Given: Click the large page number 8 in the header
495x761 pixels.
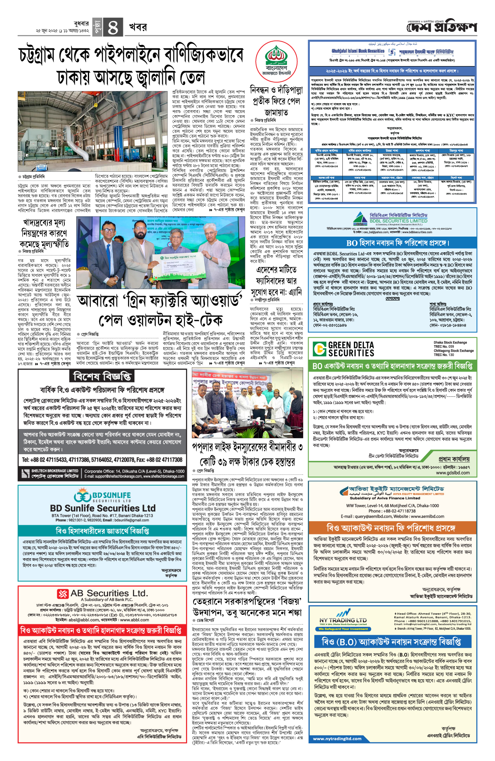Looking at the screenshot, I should (x=113, y=28).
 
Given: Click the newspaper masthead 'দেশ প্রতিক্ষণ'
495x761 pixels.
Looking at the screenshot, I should (x=441, y=28).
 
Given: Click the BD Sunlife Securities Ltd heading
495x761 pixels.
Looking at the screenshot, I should (x=103, y=508).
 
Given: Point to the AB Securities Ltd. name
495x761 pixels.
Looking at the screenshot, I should (x=109, y=593).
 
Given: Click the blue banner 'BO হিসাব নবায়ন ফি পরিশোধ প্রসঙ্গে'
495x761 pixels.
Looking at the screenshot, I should (x=392, y=243).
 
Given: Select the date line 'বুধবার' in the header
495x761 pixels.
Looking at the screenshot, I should (x=81, y=24).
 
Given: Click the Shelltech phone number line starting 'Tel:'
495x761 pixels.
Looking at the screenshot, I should (x=102, y=460).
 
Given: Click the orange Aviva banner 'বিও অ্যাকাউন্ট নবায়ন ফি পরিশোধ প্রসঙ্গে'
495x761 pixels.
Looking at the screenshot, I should (x=391, y=528).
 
